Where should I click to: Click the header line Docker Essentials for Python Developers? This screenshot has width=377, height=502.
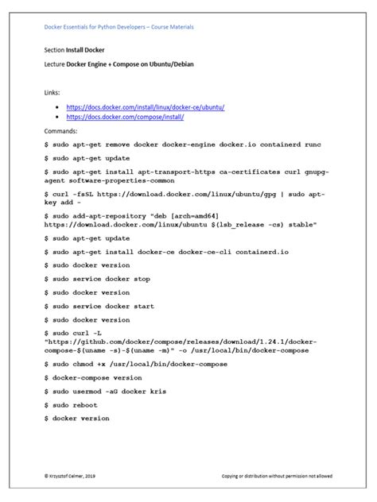coord(119,27)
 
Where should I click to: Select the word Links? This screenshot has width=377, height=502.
coord(52,93)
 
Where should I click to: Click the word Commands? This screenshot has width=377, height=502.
coord(61,129)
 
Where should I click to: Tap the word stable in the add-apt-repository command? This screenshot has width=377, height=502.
coord(301,225)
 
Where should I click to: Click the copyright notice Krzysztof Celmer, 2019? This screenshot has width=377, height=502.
coord(74,476)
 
